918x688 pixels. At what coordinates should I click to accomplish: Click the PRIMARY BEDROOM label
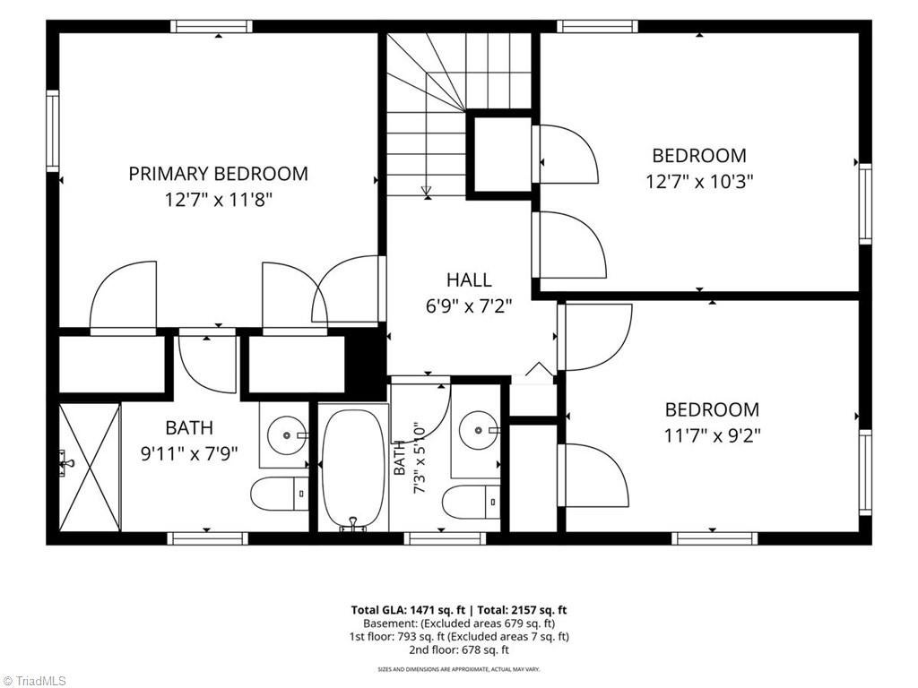[x=219, y=174]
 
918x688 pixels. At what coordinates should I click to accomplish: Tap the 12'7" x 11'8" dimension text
[x=219, y=201]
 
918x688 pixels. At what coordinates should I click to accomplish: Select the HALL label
[x=469, y=279]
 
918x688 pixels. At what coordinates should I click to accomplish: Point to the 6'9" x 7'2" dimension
[x=469, y=306]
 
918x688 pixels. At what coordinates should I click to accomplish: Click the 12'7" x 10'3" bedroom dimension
[x=699, y=182]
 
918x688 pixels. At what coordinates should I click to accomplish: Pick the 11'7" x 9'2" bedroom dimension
[x=712, y=436]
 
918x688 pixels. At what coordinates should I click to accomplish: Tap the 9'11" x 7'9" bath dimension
[x=189, y=454]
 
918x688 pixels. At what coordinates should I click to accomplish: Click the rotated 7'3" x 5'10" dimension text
[x=420, y=458]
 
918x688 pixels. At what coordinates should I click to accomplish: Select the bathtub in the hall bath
[x=353, y=468]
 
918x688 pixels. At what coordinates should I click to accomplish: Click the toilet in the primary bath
[x=280, y=494]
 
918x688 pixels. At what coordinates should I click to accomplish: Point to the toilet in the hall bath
[x=472, y=502]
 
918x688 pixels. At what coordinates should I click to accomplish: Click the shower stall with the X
[x=91, y=467]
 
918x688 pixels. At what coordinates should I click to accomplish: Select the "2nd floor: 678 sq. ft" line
[x=459, y=649]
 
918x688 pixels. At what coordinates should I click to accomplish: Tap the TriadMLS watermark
[x=33, y=681]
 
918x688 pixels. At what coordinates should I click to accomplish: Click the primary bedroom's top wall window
[x=212, y=26]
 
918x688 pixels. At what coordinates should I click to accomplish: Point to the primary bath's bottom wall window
[x=208, y=538]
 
